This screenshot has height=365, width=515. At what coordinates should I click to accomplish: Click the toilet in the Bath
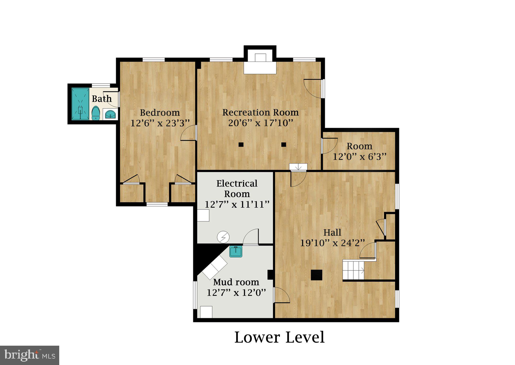pos(96,113)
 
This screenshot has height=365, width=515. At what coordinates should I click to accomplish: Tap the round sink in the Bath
pos(111,114)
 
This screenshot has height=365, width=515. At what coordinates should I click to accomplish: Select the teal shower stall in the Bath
pos(80,104)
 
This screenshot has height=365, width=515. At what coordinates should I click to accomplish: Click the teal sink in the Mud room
pos(236,251)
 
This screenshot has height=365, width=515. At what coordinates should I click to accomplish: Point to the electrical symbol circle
pos(223,237)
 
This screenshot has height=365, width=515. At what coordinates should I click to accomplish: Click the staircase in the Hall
pos(353,270)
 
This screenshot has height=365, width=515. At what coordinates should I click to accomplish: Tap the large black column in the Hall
pos(316,275)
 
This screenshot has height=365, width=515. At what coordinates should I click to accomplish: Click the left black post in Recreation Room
pos(241,145)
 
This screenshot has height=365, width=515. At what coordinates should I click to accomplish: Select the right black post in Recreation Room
pos(284,145)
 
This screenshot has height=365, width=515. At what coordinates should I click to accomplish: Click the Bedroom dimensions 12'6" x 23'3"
pos(160,123)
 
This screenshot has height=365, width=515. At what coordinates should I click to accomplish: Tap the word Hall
pos(332,232)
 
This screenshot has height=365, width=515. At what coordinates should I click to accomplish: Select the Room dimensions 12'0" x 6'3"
pos(359,157)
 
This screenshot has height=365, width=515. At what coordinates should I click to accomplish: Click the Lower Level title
pos(279,337)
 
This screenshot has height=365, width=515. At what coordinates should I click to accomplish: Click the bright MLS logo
pos(30,355)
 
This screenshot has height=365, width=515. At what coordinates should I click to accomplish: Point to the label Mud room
pos(236,282)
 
